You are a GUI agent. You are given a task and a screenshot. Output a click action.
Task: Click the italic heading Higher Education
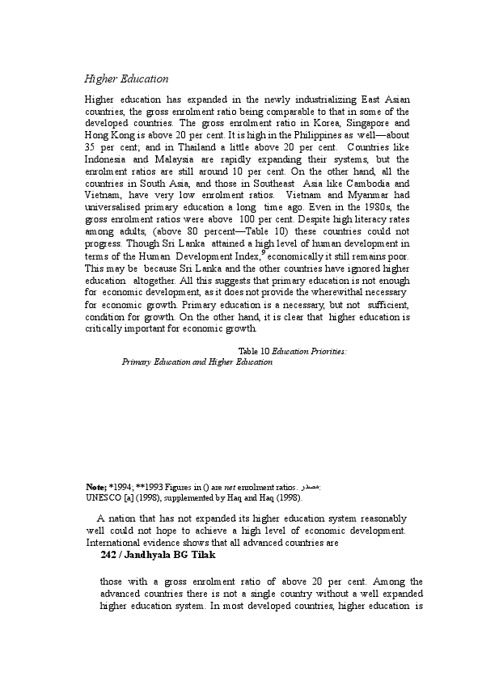(x=126, y=79)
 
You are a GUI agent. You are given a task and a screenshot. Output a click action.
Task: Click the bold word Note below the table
(x=95, y=489)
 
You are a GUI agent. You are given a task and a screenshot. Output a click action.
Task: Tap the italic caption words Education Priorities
(x=308, y=350)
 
